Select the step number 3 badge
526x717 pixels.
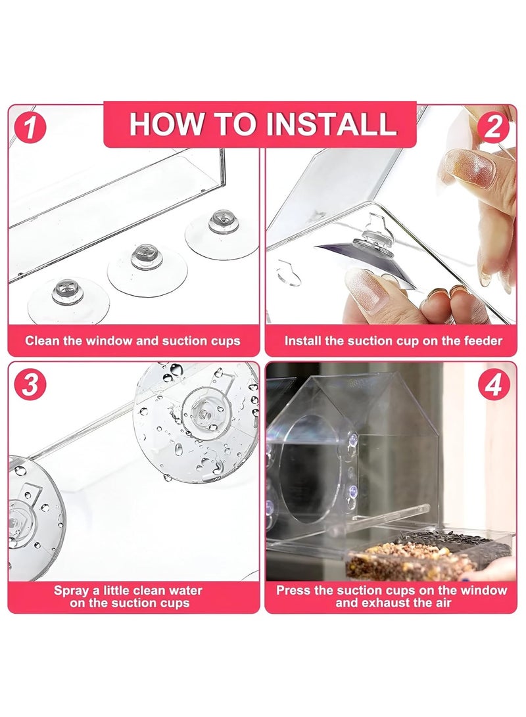pos(30,383)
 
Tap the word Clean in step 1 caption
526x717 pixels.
pos(40,340)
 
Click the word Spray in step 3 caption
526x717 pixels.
pos(70,590)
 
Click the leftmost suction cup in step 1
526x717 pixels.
pos(68,300)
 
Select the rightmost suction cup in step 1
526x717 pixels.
pos(222,231)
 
